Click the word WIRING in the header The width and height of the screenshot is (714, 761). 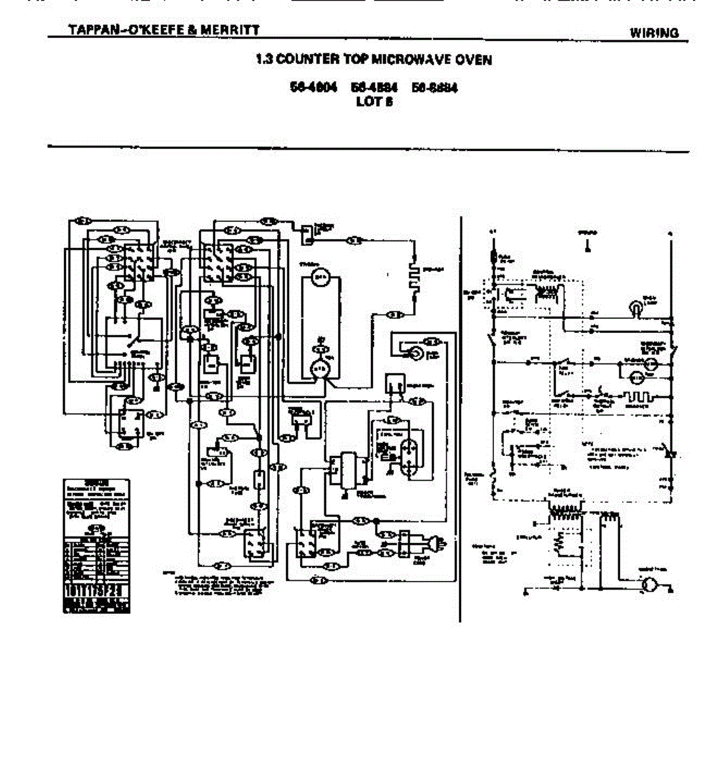(x=654, y=33)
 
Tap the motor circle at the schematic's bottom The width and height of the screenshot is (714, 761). (x=649, y=585)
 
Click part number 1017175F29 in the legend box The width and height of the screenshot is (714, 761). (x=96, y=590)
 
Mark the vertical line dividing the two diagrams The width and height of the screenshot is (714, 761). (x=460, y=419)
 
